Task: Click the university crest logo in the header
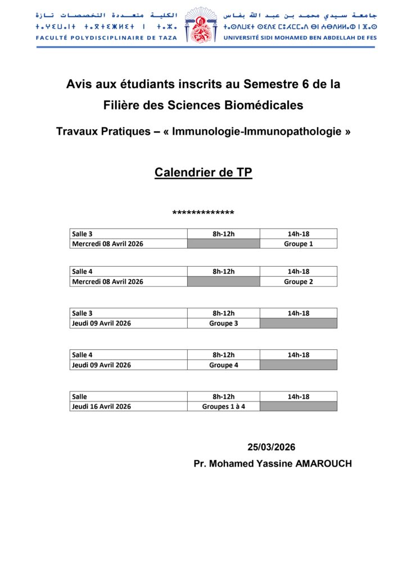tap(200, 25)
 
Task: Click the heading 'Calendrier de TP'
tap(203, 173)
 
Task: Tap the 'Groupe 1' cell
tap(298, 244)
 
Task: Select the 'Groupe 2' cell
tap(298, 281)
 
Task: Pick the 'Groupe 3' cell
tap(223, 323)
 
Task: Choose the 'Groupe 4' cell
tap(223, 365)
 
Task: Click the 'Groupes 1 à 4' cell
tap(223, 407)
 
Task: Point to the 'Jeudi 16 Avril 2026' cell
tap(101, 407)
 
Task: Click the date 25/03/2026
tap(272, 447)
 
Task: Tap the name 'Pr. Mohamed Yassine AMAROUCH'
tap(273, 464)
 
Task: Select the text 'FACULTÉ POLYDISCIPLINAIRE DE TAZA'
tap(106, 38)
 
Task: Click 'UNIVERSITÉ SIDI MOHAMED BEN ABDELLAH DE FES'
tap(300, 38)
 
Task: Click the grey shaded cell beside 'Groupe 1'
tap(223, 244)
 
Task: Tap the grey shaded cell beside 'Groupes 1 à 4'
tap(298, 407)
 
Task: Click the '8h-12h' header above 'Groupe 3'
tap(223, 313)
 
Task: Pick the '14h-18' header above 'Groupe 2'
tap(298, 271)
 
